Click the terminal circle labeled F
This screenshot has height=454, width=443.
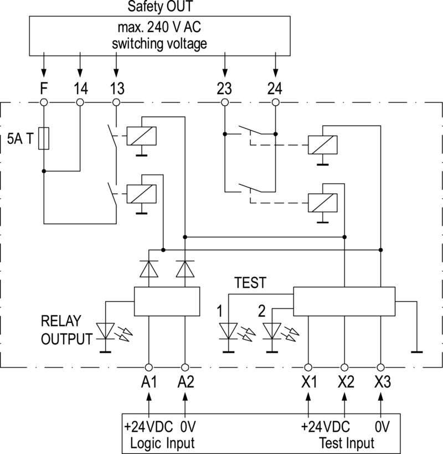43,102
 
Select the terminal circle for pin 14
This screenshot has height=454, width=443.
80,102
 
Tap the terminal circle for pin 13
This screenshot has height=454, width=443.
116,102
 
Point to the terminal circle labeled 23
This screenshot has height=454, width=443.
224,102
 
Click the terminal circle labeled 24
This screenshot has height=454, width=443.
275,102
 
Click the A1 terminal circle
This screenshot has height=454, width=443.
148,367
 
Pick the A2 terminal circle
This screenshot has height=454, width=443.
184,367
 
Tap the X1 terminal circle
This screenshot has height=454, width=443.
308,367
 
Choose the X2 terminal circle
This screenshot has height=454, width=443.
344,367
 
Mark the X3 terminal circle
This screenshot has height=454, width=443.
380,367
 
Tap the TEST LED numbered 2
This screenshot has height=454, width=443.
271,331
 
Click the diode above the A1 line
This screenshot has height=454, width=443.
148,269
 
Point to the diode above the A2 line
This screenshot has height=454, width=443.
184,269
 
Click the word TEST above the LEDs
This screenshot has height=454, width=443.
250,283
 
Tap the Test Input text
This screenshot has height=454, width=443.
347,443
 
